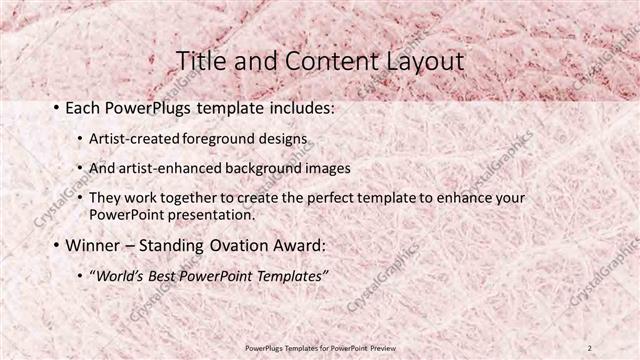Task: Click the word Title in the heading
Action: (199, 62)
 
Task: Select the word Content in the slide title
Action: (321, 62)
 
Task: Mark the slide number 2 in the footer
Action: (590, 347)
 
